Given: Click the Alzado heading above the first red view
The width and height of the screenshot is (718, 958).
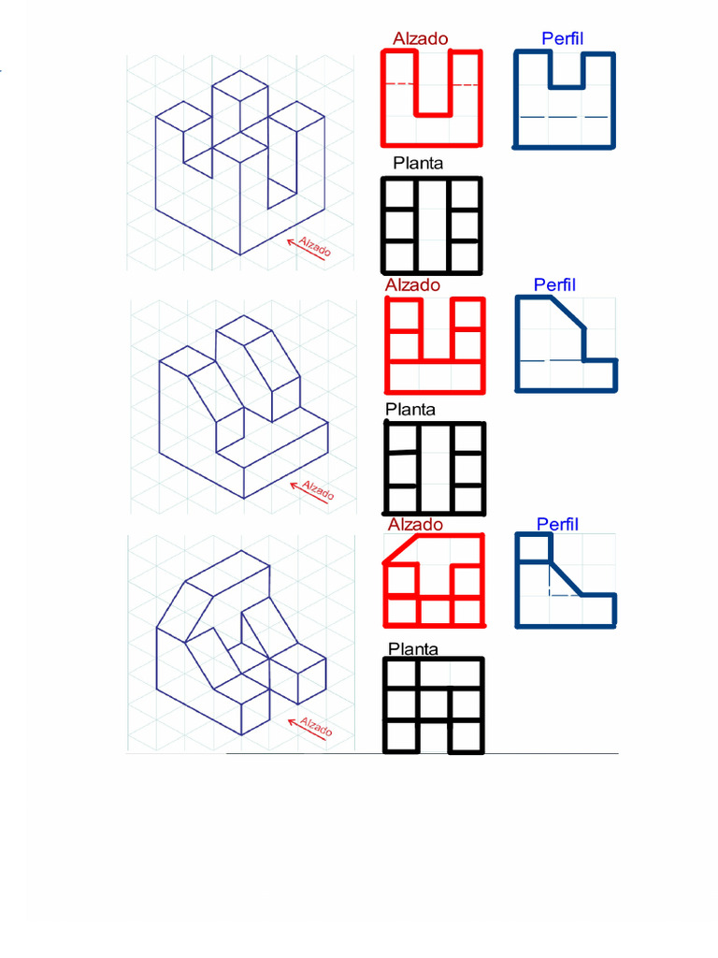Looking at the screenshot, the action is (420, 38).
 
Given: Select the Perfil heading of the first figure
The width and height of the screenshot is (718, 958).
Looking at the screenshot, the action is (562, 38).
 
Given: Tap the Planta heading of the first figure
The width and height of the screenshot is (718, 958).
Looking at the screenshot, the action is (418, 163).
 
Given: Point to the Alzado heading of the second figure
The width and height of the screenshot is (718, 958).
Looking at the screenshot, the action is (412, 284).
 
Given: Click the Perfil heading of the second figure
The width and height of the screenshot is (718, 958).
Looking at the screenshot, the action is (554, 284).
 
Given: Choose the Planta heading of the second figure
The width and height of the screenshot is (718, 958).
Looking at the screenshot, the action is (410, 410).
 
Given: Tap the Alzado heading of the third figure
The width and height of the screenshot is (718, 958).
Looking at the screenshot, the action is (415, 524).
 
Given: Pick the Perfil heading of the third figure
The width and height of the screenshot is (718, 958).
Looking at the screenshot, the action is (557, 524).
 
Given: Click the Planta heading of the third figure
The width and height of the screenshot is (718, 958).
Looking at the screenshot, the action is (413, 649).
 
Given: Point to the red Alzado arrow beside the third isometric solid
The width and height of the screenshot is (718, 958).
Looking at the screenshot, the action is (307, 730).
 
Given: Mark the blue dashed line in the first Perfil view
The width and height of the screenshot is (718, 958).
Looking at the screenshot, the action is (564, 117).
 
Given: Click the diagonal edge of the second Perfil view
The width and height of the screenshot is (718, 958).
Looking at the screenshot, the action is (567, 312).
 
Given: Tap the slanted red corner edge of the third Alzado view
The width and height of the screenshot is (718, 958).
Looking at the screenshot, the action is (400, 548).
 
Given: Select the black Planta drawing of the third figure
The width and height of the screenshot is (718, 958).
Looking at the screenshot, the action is (434, 705).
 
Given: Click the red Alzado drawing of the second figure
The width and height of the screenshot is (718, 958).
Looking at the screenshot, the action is (436, 345).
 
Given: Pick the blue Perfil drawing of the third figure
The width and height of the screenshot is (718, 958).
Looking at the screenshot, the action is (566, 580).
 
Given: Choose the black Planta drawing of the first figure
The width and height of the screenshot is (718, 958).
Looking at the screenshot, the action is (432, 225).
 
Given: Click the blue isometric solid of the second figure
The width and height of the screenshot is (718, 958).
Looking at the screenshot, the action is (244, 407).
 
